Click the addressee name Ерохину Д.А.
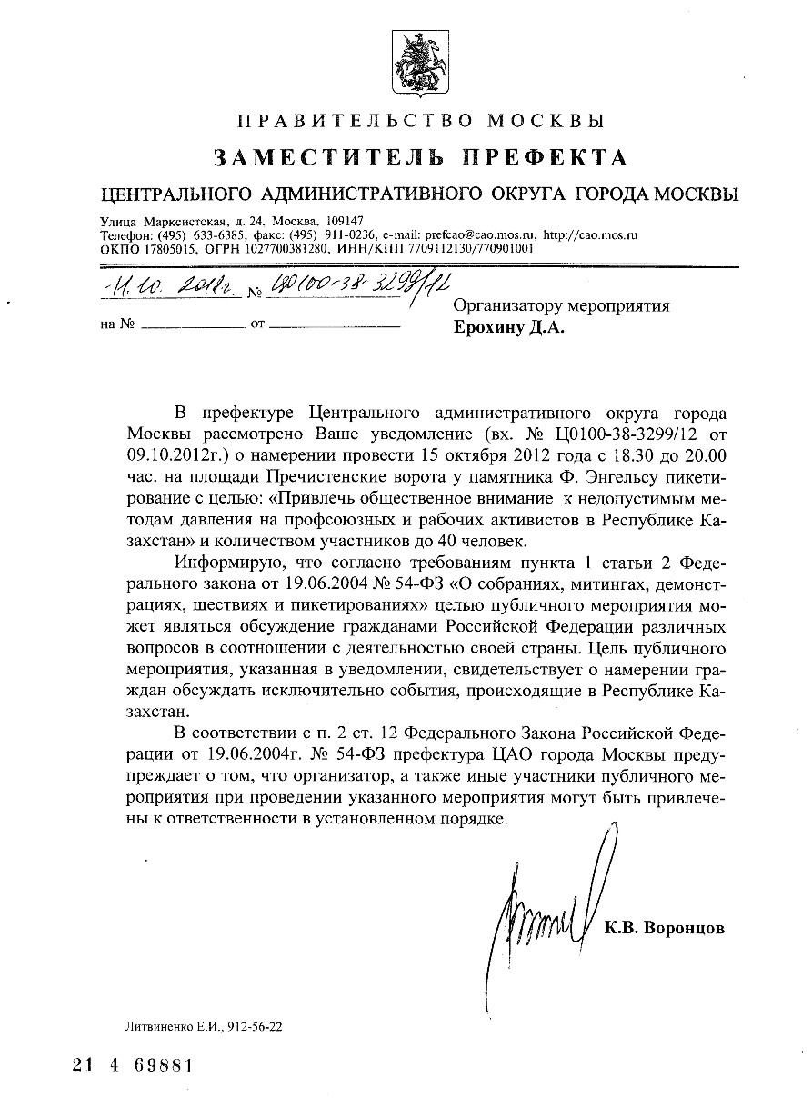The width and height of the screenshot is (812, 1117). pyautogui.click(x=508, y=329)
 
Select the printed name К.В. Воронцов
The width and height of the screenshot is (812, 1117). pyautogui.click(x=665, y=928)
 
